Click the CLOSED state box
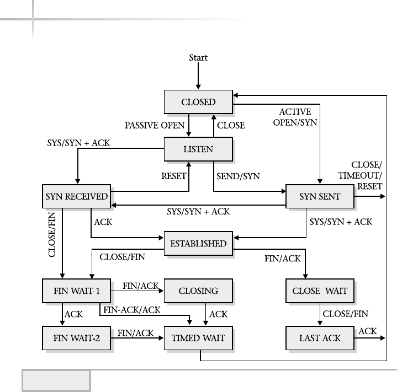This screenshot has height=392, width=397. pyautogui.click(x=198, y=102)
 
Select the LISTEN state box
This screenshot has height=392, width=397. pyautogui.click(x=198, y=149)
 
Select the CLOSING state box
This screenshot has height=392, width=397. pyautogui.click(x=198, y=291)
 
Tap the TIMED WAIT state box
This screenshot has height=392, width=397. pyautogui.click(x=198, y=337)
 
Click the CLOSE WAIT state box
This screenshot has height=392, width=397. pyautogui.click(x=320, y=291)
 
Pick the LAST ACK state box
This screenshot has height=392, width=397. pyautogui.click(x=320, y=337)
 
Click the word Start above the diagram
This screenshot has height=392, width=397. pyautogui.click(x=198, y=57)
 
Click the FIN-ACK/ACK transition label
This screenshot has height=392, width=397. pyautogui.click(x=132, y=310)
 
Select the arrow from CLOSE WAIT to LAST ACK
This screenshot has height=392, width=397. pyautogui.click(x=320, y=314)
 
